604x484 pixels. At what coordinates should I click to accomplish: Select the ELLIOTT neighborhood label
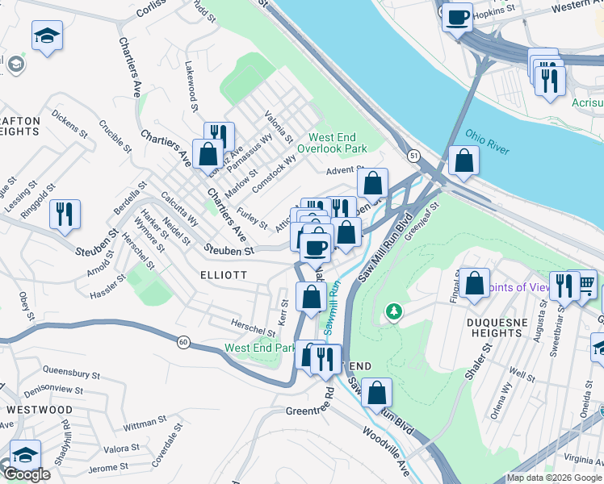click(224, 275)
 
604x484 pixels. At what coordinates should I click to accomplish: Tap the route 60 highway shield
click(183, 342)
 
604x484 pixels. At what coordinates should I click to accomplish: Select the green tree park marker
click(393, 311)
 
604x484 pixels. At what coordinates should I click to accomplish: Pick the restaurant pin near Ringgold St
click(64, 214)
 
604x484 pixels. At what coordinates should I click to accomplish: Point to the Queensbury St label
click(71, 375)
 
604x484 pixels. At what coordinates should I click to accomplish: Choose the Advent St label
click(342, 170)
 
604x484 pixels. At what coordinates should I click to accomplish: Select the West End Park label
click(260, 348)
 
